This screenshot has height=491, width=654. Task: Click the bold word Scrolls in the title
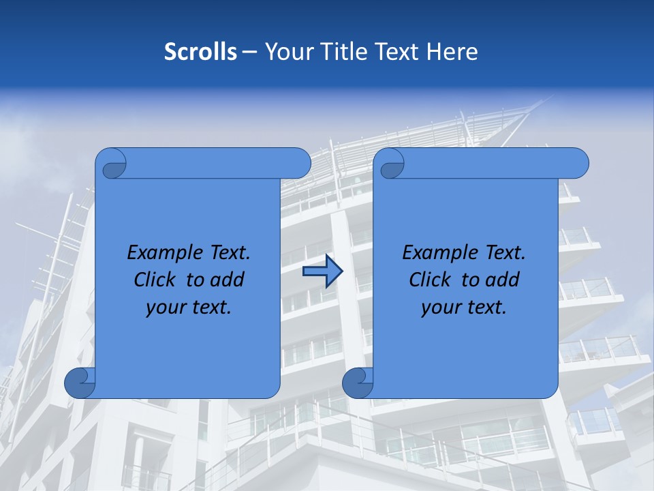coord(200,52)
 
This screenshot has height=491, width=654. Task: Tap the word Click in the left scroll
coord(156,280)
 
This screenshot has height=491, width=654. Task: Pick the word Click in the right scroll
coord(431,280)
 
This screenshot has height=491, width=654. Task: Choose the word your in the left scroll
coord(166,308)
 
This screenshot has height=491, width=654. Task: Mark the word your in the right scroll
coord(441,308)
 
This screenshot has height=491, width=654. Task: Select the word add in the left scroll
coord(228,280)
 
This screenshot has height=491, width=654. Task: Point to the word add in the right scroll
coord(503,280)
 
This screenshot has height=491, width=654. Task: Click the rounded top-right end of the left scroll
coord(300,163)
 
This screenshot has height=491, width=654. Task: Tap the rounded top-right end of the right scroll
coord(578,163)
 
